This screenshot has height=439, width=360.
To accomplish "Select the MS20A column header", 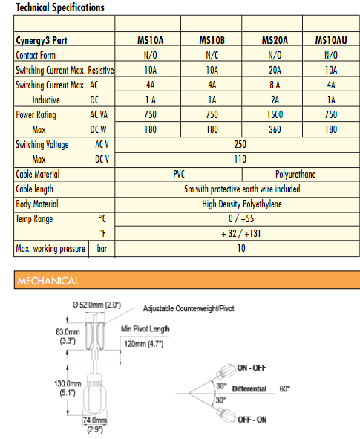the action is pos(275,39).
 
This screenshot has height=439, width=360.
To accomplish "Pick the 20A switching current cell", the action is pos(275,70).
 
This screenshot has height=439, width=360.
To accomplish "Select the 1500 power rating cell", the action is pos(275,115).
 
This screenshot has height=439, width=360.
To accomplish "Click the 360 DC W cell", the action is pos(275,129).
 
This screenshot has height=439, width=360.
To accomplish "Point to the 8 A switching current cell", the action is pos(275,85).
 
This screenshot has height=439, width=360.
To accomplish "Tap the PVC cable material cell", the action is pos(179,174).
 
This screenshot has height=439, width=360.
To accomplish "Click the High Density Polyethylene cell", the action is pos(242,204).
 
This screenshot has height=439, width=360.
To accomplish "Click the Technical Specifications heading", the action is pos(60,8).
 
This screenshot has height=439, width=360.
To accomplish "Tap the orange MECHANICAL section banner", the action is pos(180,281).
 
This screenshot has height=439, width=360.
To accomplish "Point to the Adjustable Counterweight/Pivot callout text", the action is pos(189,308).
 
